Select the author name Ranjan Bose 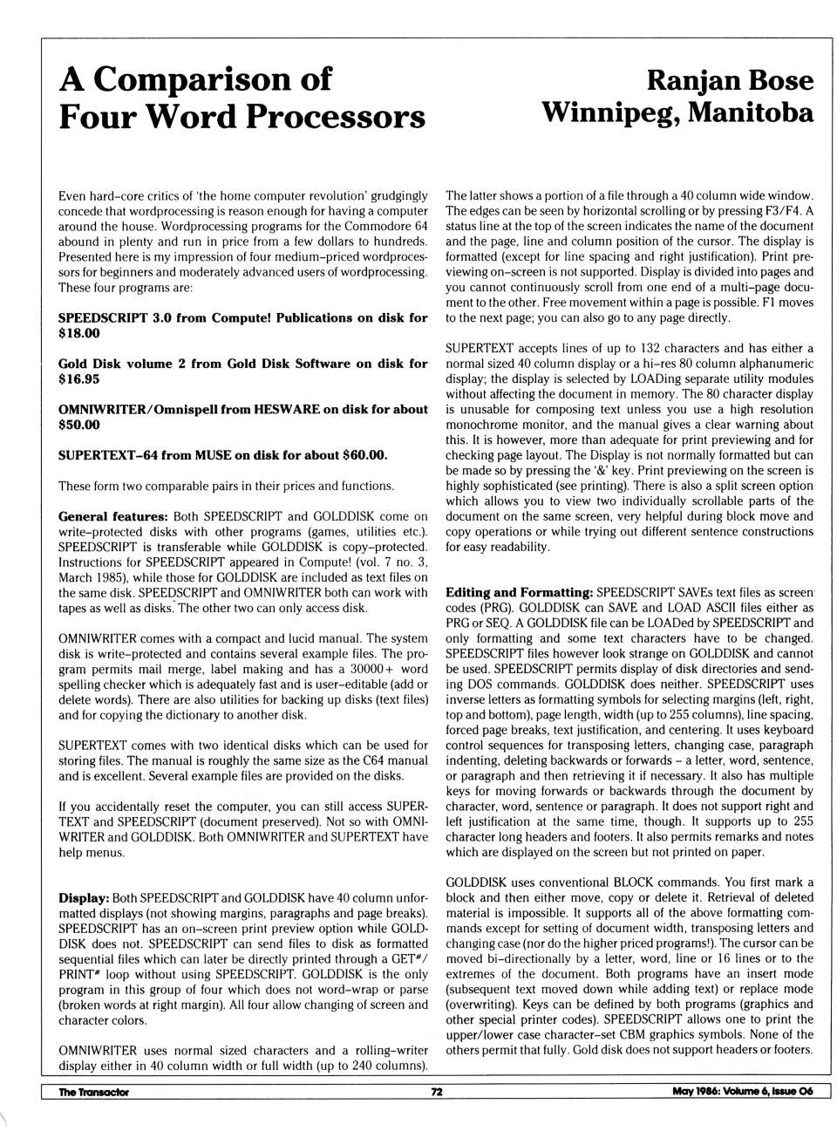click(730, 81)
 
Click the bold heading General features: click(112, 516)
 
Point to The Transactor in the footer click(93, 1092)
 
